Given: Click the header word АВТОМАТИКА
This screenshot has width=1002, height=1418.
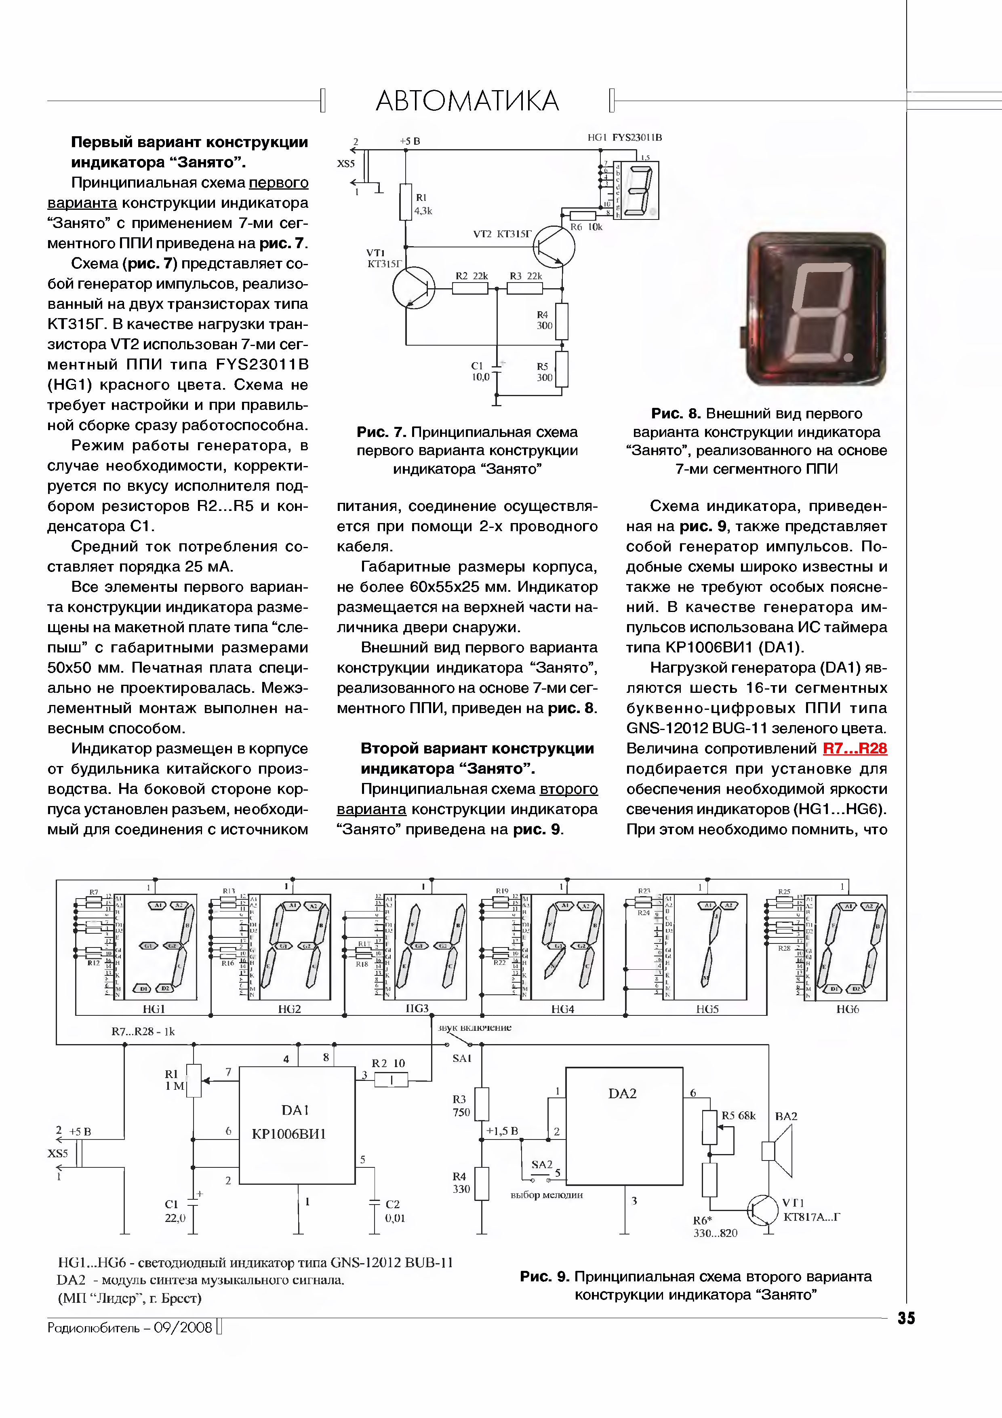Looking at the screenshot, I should coord(467,101).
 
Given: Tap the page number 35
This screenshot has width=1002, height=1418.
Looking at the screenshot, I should coord(906,1318).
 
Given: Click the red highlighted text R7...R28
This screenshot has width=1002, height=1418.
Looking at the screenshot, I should coord(855,749).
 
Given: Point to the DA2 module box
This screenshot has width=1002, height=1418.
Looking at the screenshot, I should coord(624,1125).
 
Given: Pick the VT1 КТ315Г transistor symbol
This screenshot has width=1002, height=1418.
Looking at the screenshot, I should coord(413,287).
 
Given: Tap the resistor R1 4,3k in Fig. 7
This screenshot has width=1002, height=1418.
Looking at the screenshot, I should coord(406,202).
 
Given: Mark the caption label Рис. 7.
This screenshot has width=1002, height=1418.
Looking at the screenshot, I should coord(381,433).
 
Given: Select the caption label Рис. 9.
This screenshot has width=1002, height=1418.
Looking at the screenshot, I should coord(544,1277).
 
